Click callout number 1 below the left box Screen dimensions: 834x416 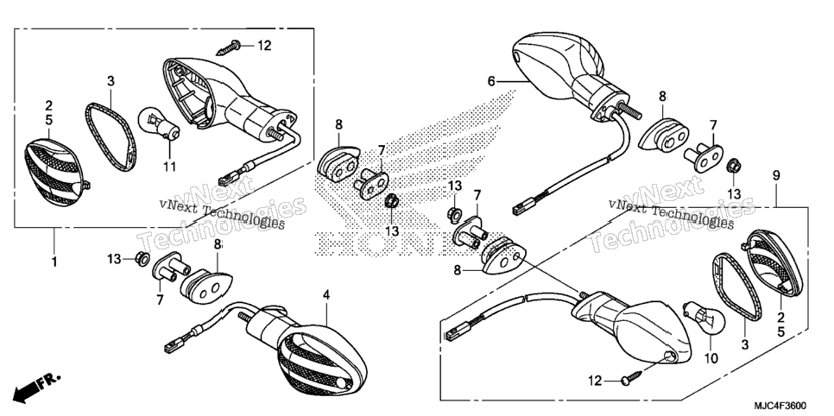(54, 262)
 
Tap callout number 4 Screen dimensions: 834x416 (326, 294)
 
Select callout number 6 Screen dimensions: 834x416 (491, 81)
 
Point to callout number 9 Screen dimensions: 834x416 (776, 175)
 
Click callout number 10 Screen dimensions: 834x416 (711, 358)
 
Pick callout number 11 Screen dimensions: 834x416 (169, 167)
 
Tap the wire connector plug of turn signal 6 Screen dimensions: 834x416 (526, 207)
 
